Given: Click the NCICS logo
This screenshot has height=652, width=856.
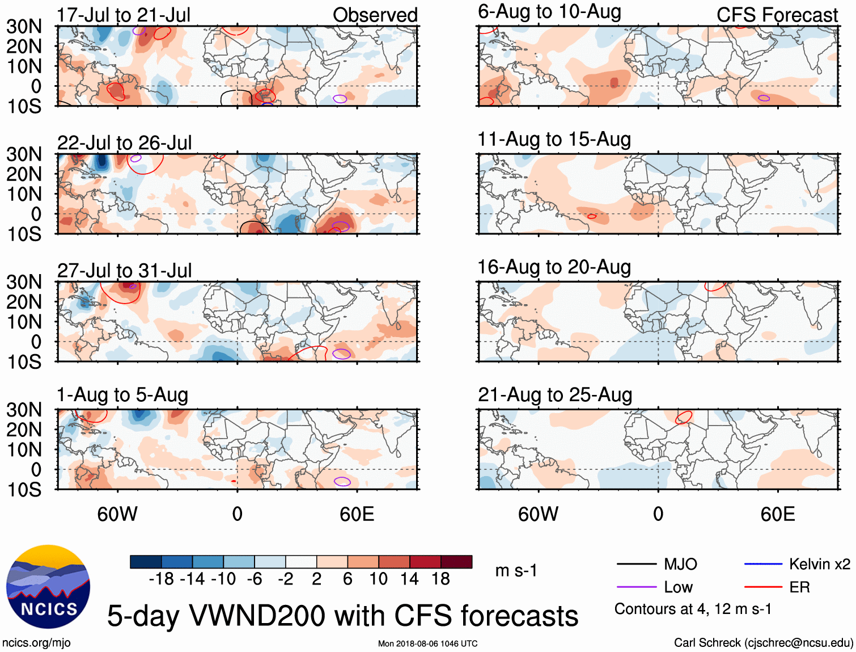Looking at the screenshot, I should [48, 587].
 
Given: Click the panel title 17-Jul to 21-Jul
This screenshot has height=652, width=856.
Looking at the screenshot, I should [124, 15].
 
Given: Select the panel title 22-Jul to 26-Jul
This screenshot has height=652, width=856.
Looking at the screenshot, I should [124, 143].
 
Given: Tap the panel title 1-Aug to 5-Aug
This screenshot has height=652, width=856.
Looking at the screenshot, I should [122, 395].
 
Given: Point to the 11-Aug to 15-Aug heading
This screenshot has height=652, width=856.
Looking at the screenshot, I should [554, 140].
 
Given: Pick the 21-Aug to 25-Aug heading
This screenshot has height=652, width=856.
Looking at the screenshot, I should [554, 395].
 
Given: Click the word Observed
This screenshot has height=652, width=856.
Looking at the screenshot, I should [375, 15].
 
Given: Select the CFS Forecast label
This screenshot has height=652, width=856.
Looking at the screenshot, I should [777, 15].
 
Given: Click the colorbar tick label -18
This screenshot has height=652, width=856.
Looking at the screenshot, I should [161, 579].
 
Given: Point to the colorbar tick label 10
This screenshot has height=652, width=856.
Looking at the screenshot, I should [378, 579].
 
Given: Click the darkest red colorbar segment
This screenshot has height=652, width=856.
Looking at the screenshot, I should [456, 562].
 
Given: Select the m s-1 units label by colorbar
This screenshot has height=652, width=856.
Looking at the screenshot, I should [516, 571].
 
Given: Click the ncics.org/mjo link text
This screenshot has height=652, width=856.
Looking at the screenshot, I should [36, 643].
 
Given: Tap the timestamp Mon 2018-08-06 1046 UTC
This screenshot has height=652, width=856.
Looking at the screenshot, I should [427, 643].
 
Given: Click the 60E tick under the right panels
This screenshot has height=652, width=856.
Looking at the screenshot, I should [777, 514].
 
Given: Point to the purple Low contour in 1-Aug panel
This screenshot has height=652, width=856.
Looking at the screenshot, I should [342, 482].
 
